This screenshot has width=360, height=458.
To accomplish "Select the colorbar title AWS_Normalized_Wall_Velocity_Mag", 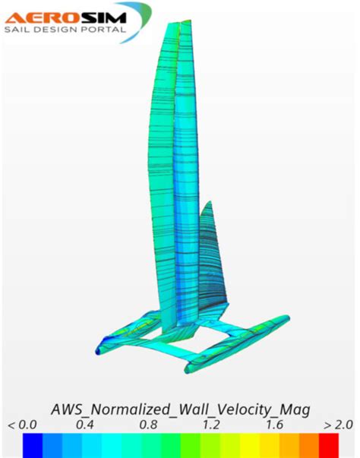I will [180, 409].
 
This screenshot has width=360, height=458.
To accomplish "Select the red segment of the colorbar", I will [328, 444].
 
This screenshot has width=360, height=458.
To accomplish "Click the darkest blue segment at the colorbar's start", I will [32, 444].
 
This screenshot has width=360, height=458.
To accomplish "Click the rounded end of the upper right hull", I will [285, 318].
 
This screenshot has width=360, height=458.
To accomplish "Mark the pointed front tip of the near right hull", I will [188, 370].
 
